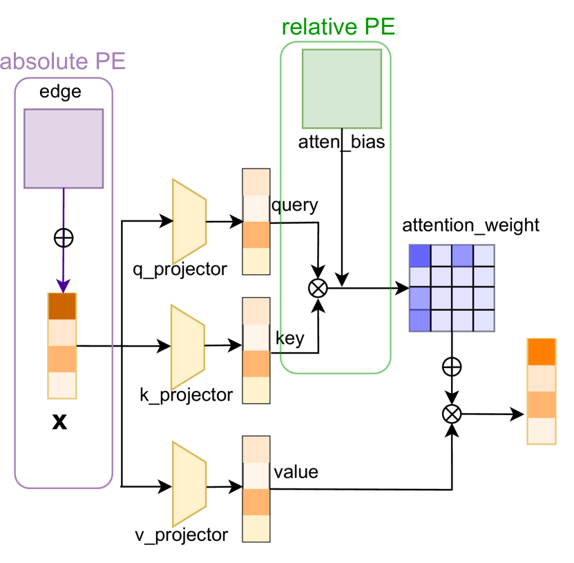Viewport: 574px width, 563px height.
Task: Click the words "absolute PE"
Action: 63,61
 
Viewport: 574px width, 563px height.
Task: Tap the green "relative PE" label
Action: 338,27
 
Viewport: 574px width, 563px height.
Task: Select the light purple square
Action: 64,149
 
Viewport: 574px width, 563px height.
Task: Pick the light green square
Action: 342,88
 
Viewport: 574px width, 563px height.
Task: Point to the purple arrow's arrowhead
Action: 63,285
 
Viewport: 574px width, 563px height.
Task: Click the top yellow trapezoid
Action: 189,222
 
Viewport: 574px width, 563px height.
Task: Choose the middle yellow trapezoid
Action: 188,347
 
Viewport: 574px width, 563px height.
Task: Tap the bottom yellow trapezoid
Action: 189,484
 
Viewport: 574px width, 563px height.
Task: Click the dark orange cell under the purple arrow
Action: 62,306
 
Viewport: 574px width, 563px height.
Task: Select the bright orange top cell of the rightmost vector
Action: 541,352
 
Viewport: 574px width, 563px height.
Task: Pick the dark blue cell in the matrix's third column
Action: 462,255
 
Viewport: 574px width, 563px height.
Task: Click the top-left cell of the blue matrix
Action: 419,255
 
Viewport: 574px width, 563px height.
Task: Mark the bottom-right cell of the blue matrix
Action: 484,321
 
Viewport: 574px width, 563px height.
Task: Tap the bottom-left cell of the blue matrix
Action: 419,321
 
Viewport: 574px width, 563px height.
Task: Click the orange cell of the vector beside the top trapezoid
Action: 256,235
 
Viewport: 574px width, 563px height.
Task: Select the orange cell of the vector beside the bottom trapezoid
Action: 256,502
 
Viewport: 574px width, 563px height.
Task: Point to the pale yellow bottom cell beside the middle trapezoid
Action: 256,390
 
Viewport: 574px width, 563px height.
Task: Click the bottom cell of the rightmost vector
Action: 541,431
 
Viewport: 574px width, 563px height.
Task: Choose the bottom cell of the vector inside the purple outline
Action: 62,385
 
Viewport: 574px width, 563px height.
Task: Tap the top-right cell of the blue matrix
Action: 484,255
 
